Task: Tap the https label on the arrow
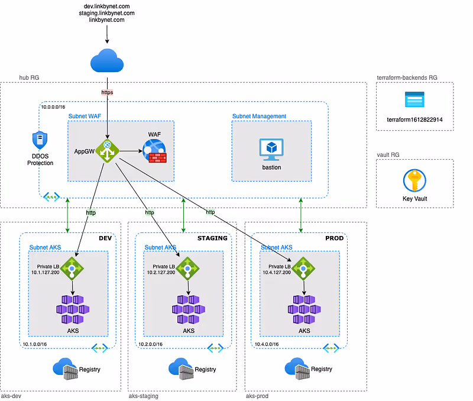pos(107,92)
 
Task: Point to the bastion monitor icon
pos(271,150)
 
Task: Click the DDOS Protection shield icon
pos(40,141)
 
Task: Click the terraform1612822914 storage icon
pos(415,99)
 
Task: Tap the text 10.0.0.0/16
pos(54,106)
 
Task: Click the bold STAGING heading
pos(212,238)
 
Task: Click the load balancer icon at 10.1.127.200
pos(72,267)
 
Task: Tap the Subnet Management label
pos(259,117)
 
